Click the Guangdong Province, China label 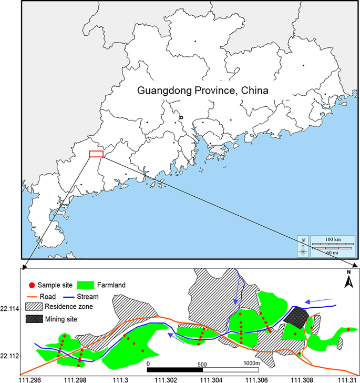coord(202,90)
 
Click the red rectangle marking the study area coord(96,154)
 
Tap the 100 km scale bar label coord(332,240)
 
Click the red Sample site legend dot coord(32,285)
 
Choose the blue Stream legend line coord(70,296)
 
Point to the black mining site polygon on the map coord(296,316)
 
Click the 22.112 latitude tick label coord(11,356)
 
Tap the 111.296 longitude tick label coord(29,378)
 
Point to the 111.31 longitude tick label coord(346,378)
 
